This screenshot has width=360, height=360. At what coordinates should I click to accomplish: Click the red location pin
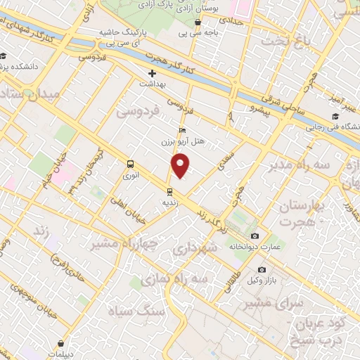[181, 166]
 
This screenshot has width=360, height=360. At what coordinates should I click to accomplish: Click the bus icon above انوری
[130, 165]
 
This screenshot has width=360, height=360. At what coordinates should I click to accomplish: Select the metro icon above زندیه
[169, 191]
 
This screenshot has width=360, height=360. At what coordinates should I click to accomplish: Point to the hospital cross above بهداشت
[152, 73]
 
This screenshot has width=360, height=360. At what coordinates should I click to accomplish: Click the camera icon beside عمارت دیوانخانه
[255, 236]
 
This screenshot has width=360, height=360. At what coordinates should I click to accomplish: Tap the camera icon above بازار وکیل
[262, 270]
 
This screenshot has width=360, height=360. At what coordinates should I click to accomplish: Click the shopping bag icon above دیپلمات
[64, 344]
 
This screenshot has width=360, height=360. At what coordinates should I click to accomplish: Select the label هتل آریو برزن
[188, 141]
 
